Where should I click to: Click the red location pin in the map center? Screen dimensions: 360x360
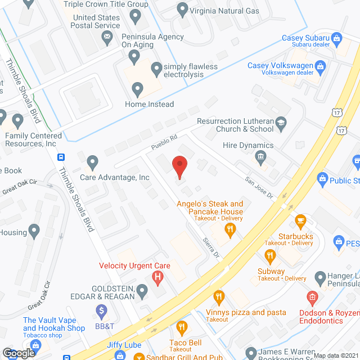pyautogui.click(x=179, y=167)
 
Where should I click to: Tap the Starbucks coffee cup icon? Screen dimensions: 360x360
pyautogui.click(x=300, y=220)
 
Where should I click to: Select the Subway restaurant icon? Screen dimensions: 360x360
pyautogui.click(x=271, y=257)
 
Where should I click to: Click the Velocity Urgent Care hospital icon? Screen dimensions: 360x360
pyautogui.click(x=159, y=277)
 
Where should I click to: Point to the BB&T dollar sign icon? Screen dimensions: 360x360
pyautogui.click(x=101, y=310)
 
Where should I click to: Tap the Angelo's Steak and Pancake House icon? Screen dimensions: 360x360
pyautogui.click(x=229, y=228)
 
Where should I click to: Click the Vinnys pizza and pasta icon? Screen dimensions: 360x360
pyautogui.click(x=218, y=297)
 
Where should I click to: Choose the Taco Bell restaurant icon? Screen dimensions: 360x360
pyautogui.click(x=181, y=326)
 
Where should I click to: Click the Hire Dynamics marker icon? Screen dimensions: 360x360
pyautogui.click(x=260, y=156)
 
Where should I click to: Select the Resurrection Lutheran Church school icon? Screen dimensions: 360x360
pyautogui.click(x=281, y=121)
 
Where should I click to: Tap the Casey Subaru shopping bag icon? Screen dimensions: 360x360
pyautogui.click(x=337, y=38)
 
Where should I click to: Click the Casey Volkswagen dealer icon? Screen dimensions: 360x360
pyautogui.click(x=321, y=67)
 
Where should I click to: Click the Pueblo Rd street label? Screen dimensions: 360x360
pyautogui.click(x=164, y=142)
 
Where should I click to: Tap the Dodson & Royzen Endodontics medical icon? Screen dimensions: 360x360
pyautogui.click(x=312, y=297)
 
